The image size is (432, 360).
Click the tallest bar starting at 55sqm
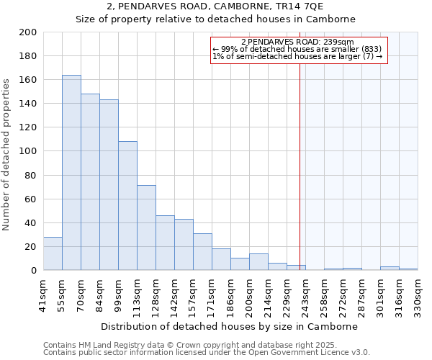[x=71, y=173]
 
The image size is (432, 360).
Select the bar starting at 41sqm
[x=53, y=253]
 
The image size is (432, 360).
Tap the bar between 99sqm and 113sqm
[x=127, y=206]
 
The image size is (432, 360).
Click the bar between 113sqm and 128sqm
[x=146, y=228]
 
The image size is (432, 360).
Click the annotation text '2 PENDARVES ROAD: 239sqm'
[x=297, y=42]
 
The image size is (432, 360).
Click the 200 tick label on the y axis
[x=27, y=32]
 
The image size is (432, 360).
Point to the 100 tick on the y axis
[x=27, y=151]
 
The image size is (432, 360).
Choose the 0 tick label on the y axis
[x=33, y=271]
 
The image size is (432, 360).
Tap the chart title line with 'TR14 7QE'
[x=216, y=6]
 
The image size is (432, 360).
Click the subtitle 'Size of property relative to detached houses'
[x=216, y=19]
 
